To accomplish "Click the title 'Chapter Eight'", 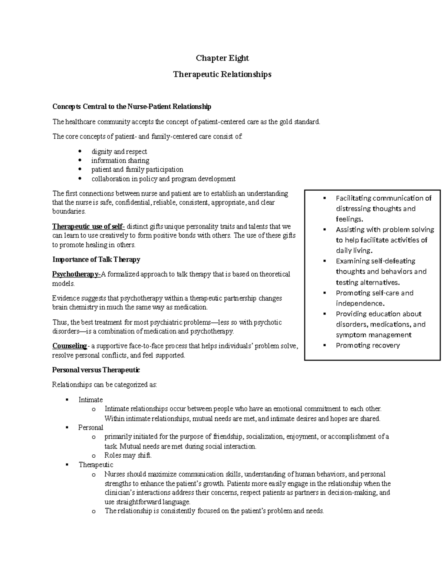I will (222, 58).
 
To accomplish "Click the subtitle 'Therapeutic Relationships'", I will (222, 75).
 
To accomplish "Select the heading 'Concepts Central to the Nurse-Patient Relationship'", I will (132, 107).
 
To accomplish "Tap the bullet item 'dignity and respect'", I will (119, 152).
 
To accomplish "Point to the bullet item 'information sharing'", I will (120, 161).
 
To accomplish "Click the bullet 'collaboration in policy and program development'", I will (163, 179).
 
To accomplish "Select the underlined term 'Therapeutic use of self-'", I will (88, 227).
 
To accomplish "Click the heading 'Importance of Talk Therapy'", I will (96, 260).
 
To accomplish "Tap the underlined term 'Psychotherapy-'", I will (76, 274).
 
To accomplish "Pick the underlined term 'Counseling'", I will (69, 346).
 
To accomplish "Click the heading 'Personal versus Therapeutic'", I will (96, 370).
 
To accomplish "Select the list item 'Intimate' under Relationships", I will (90, 400).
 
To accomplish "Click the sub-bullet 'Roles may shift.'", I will (128, 455).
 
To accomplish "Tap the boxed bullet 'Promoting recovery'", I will (368, 345).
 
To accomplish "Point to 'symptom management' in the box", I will (373, 335).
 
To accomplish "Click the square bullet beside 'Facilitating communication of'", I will (324, 198).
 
